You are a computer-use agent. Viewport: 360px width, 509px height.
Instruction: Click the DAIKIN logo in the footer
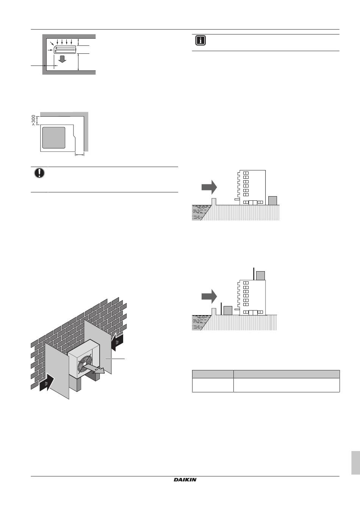point(185,480)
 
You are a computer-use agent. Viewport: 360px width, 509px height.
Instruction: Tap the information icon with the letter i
point(200,41)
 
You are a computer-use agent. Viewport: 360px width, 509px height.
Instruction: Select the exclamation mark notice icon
point(39,173)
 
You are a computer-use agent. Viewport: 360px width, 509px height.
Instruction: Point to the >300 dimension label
point(34,120)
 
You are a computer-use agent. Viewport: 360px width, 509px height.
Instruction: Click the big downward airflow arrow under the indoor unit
point(62,59)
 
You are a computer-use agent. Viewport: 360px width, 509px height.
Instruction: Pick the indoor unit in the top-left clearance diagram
point(65,49)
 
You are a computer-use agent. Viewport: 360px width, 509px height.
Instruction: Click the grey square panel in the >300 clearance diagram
point(54,138)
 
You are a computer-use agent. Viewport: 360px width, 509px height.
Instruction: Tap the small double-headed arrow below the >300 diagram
point(80,155)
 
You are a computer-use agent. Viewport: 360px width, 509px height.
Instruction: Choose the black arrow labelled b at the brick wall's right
point(117,342)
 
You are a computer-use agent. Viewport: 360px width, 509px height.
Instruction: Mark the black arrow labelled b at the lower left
point(47,383)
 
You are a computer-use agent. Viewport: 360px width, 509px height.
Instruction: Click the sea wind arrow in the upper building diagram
point(209,187)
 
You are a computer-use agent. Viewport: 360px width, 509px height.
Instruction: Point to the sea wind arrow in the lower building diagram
point(209,296)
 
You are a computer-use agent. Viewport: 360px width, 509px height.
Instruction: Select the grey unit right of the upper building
point(273,201)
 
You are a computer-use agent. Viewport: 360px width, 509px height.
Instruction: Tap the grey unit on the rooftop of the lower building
point(260,276)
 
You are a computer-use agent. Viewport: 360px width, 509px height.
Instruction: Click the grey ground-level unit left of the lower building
point(228,311)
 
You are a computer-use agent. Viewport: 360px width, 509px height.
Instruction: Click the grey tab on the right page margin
point(355,463)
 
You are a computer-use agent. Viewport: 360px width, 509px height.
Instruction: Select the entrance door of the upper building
point(253,203)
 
